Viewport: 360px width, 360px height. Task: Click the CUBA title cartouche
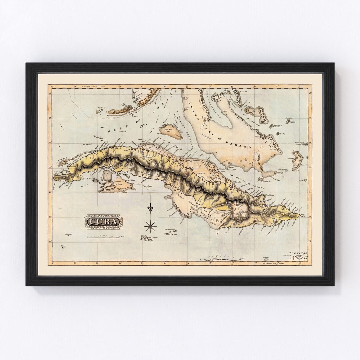point(103,221)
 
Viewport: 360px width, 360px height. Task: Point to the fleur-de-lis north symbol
point(150,208)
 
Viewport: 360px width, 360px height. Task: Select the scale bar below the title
point(103,237)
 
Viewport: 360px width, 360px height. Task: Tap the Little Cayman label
point(171,234)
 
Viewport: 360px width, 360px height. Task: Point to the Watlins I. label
point(293,122)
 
